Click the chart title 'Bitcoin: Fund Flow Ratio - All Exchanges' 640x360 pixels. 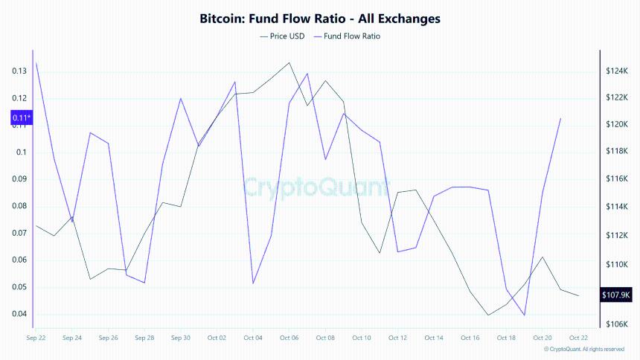(320, 17)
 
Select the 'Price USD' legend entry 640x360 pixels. (283, 36)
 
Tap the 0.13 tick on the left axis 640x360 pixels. (19, 71)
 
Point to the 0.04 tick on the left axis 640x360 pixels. (19, 314)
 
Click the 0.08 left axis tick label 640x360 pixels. (19, 206)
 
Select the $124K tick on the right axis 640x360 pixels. (618, 71)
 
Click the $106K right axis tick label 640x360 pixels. (618, 324)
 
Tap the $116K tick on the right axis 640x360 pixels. (618, 179)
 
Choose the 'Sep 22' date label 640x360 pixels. (36, 338)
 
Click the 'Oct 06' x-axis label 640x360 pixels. (289, 338)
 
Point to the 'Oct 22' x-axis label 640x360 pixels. (578, 338)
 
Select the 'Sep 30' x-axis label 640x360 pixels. (181, 338)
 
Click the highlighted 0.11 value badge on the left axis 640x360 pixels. (21, 118)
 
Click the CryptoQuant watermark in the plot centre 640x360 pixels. (316, 186)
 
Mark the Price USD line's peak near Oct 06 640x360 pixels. (289, 62)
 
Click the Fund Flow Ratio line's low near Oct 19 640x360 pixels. (525, 315)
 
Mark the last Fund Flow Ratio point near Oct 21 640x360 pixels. (560, 118)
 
